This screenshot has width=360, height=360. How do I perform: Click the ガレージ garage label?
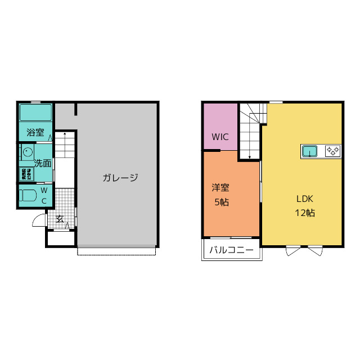pos(120,178)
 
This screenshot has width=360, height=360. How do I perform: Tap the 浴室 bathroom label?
pos(35,133)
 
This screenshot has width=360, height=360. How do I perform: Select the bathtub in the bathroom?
pos(35,112)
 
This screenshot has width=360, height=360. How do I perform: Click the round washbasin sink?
pos(26,152)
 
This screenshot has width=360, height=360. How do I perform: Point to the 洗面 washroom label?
pos(43,164)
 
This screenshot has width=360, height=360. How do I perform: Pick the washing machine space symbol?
pos(26,174)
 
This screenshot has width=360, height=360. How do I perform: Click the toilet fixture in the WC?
pos(28,196)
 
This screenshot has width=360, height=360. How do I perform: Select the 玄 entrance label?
pos(59,219)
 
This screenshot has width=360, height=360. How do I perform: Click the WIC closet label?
pos(220,137)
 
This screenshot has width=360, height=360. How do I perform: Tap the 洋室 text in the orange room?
pos(220,188)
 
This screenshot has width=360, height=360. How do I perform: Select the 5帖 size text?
pos(221,202)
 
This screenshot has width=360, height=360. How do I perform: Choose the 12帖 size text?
pos(304,213)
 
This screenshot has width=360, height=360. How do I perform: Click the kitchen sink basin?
pos(310,151)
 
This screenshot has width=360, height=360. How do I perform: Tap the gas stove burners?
pos(332,151)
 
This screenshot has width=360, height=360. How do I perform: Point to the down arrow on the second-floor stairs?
pos(249,156)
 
